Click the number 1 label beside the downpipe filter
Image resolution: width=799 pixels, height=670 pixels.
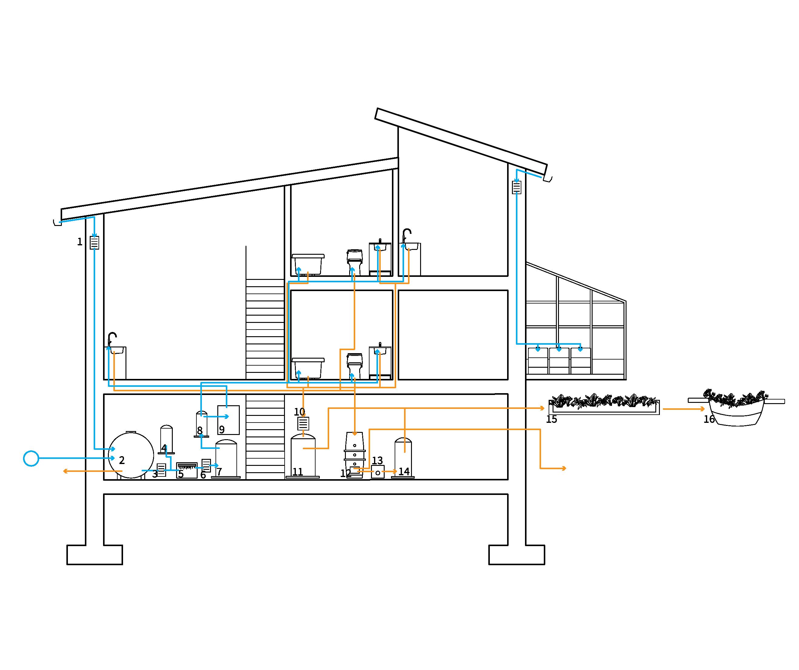tap(79, 242)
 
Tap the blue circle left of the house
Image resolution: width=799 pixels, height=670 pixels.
tap(31, 459)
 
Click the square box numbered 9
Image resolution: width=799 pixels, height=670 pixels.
tap(228, 420)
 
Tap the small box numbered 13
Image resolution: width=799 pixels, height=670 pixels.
tap(378, 472)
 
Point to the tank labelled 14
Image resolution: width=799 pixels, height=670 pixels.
tap(403, 458)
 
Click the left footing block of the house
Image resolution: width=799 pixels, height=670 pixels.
tap(95, 555)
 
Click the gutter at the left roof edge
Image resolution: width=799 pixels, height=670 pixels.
tap(58, 222)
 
